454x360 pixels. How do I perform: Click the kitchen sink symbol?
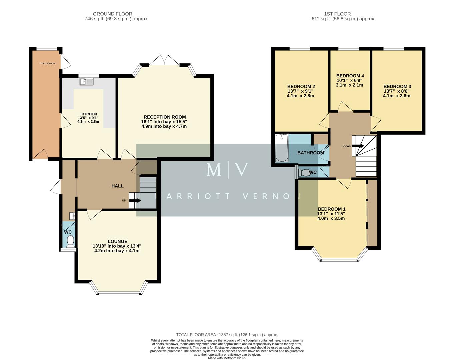pyautogui.click(x=87, y=81)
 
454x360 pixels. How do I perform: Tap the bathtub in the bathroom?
pyautogui.click(x=282, y=148)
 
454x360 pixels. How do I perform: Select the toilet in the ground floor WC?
pyautogui.click(x=70, y=241)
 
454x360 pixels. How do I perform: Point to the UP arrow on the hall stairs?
pyautogui.click(x=135, y=200)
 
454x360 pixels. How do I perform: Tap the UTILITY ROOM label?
pyautogui.click(x=48, y=63)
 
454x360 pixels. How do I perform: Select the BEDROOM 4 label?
pyautogui.click(x=350, y=76)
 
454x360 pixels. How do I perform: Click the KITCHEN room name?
pyautogui.click(x=89, y=114)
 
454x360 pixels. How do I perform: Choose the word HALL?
pyautogui.click(x=117, y=186)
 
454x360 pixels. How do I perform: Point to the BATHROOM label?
pyautogui.click(x=310, y=153)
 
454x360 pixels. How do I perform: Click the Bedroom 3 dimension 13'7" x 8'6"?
pyautogui.click(x=396, y=91)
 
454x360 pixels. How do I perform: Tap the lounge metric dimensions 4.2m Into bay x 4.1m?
pyautogui.click(x=117, y=251)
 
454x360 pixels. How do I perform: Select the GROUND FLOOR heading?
pyautogui.click(x=112, y=14)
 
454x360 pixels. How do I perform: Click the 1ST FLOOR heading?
pyautogui.click(x=337, y=14)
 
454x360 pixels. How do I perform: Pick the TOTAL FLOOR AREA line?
pyautogui.click(x=227, y=335)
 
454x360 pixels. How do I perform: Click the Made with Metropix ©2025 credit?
pyautogui.click(x=227, y=358)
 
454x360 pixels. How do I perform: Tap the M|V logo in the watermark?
pyautogui.click(x=227, y=170)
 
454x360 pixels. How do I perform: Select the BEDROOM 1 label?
pyautogui.click(x=331, y=209)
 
